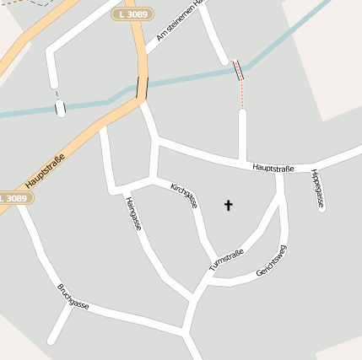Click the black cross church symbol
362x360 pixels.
(227, 205)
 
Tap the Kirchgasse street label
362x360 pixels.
(184, 196)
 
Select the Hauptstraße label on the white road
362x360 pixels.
(273, 169)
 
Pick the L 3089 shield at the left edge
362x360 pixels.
(13, 198)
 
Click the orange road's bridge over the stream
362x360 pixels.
(141, 88)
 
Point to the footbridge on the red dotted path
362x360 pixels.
(238, 70)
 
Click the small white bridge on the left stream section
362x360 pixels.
(60, 107)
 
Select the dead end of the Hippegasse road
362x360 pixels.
(321, 208)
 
